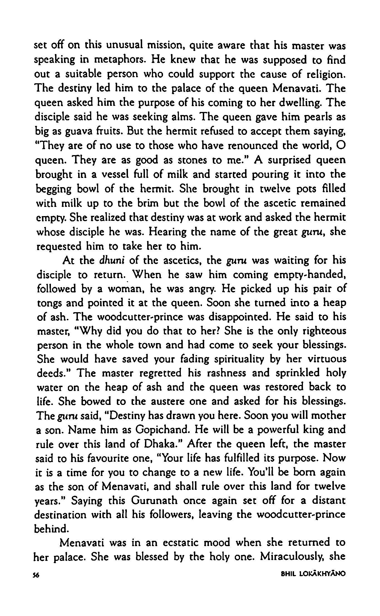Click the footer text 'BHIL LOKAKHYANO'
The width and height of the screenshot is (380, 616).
click(x=314, y=588)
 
